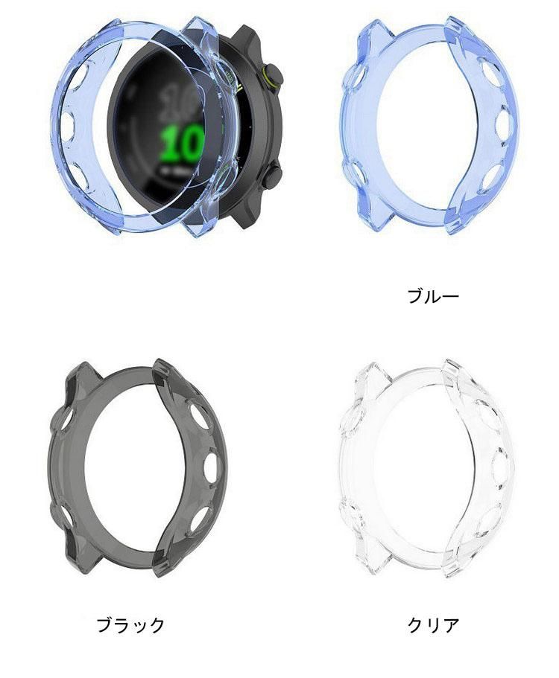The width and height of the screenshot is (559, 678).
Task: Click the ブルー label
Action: tap(433, 296)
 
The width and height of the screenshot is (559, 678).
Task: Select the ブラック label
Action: tap(130, 624)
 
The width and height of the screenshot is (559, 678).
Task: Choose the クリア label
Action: tap(433, 624)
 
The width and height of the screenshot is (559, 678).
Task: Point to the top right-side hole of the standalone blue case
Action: tap(490, 75)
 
